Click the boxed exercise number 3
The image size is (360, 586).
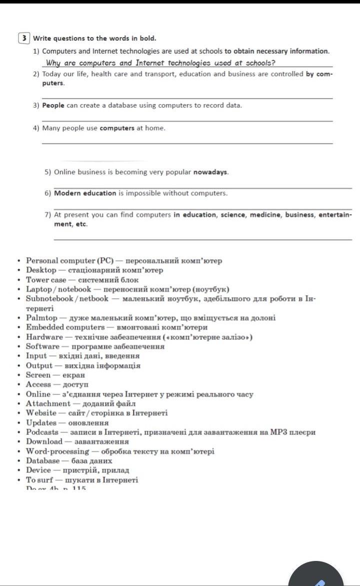[x=24, y=39]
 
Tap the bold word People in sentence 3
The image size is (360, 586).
[x=53, y=106]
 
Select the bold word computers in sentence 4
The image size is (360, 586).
[x=117, y=128]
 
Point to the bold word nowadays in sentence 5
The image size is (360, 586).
[x=211, y=172]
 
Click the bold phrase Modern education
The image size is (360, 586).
[x=85, y=193]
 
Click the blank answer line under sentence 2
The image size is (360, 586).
[x=187, y=98]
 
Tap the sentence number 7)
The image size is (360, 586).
[x=48, y=215]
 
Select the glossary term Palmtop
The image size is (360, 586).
[x=41, y=318]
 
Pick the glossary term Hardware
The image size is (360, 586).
[x=44, y=337]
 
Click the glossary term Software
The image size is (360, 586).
[x=42, y=346]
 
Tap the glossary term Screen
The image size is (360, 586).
[x=38, y=375]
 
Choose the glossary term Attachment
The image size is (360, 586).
[x=48, y=403]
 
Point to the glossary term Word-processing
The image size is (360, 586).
[x=57, y=451]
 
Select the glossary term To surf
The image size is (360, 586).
[x=40, y=480]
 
